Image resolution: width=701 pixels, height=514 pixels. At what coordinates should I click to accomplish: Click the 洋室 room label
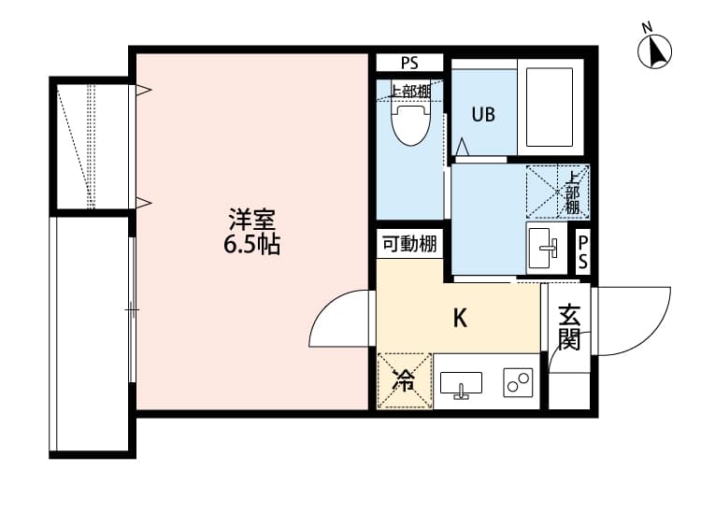coord(252,220)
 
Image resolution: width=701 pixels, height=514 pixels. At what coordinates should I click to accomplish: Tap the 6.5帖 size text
coord(252,244)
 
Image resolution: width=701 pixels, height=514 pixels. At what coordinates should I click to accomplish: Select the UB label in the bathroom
coord(483,114)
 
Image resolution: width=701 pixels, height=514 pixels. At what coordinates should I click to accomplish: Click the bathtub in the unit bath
coord(550,107)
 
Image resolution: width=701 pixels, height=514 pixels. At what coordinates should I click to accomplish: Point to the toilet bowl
coord(411,124)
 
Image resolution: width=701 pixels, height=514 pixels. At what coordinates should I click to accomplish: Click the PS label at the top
coord(409,63)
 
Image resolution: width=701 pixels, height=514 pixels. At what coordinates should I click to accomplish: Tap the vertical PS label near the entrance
coord(583,251)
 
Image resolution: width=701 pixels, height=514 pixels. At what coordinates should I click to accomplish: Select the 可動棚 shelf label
coord(409,244)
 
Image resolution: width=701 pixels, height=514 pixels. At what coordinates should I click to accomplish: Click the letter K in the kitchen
coord(460,319)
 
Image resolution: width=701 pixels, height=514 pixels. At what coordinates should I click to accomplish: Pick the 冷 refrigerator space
coord(405,380)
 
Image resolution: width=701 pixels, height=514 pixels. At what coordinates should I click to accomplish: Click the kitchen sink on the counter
coord(461,384)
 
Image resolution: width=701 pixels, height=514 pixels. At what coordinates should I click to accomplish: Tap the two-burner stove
coord(518,382)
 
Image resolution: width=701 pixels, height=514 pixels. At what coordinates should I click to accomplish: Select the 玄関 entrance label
coord(569,327)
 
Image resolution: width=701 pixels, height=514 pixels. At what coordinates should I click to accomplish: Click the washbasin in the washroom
coord(547,248)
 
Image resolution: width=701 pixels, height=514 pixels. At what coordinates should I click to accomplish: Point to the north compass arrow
coord(655,51)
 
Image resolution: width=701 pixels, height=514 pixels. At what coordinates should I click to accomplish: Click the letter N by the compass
coord(647,28)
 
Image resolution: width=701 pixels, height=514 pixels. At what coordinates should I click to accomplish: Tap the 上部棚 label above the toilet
coord(410,92)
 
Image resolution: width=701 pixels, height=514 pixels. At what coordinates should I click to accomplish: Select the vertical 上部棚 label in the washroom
coord(573,193)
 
